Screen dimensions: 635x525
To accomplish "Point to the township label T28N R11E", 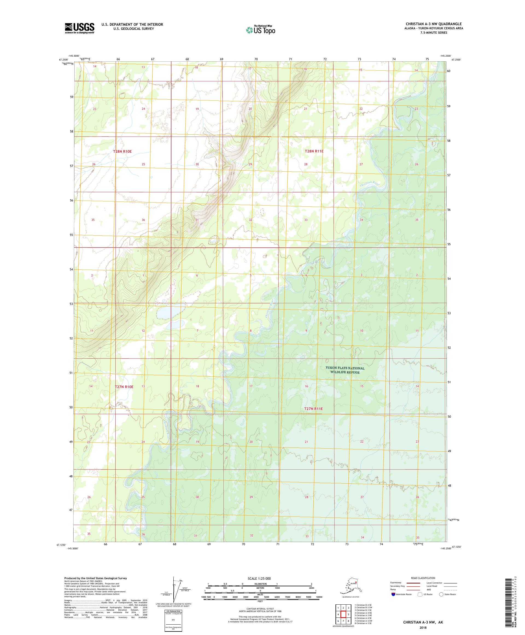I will click(x=314, y=151).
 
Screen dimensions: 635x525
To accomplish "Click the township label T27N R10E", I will click(x=124, y=386).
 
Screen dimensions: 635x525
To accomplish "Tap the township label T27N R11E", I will click(x=313, y=409).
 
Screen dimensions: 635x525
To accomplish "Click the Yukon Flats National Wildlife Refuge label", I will click(x=345, y=370).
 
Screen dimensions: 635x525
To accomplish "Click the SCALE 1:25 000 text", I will click(x=259, y=578).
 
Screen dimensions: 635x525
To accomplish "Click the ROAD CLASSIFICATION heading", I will click(x=423, y=578).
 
